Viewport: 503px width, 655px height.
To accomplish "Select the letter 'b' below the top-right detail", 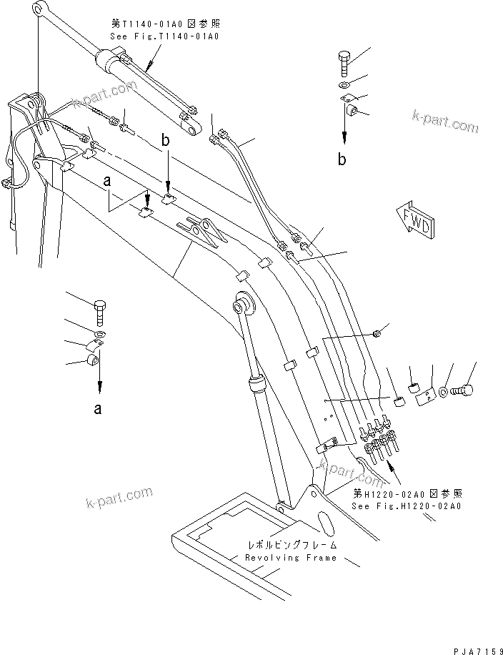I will pyautogui.click(x=342, y=159).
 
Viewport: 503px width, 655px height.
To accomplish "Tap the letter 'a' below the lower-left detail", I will pyautogui.click(x=99, y=409).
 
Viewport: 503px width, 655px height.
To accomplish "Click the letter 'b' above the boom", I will pyautogui.click(x=165, y=142).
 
